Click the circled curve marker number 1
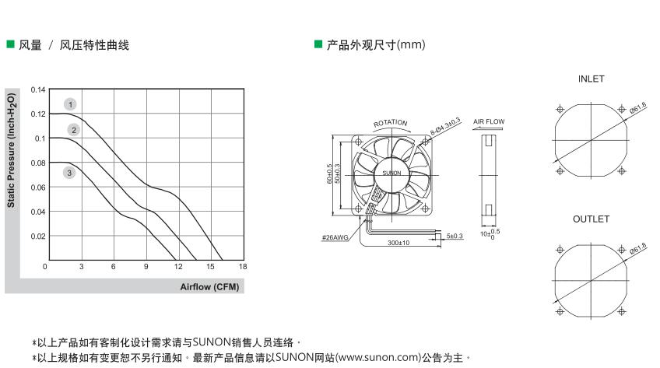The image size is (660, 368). click(71, 104)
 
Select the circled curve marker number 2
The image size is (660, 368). click(74, 130)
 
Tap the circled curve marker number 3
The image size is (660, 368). click(69, 173)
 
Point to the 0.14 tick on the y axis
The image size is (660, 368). click(38, 89)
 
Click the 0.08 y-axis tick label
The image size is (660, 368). click(38, 163)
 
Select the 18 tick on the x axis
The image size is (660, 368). click(243, 267)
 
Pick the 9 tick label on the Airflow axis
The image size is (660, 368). click(146, 267)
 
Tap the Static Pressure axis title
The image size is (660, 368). click(12, 148)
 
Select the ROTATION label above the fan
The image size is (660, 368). click(390, 123)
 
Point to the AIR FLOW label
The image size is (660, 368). click(489, 122)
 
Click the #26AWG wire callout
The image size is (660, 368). click(334, 237)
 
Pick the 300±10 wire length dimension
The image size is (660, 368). click(398, 243)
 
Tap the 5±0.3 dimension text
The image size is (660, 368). click(455, 235)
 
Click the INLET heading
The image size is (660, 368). click(591, 79)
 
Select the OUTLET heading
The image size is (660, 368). click(591, 219)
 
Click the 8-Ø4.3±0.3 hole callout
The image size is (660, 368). click(445, 127)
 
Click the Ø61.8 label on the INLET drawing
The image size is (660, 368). click(638, 107)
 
